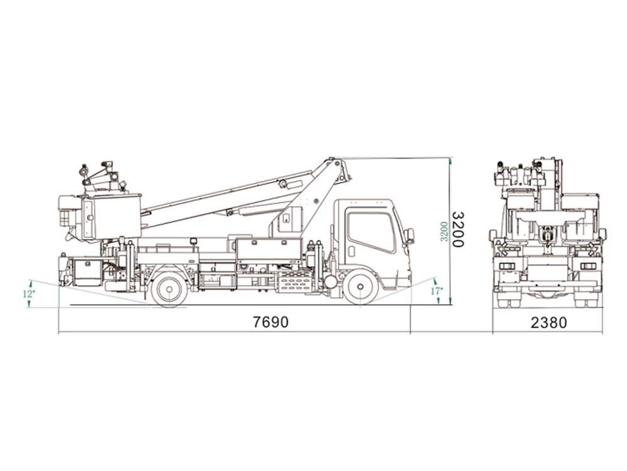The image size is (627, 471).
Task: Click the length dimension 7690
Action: [x=270, y=322]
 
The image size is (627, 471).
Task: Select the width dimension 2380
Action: [x=548, y=322]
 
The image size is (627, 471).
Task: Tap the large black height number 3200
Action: [x=458, y=229]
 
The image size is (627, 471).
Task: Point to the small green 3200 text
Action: [x=444, y=231]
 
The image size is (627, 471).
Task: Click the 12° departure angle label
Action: [x=28, y=293]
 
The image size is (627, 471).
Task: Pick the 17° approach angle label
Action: [x=436, y=291]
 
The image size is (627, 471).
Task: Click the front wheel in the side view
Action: [x=361, y=286]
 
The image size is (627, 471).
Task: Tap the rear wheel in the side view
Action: [x=169, y=289]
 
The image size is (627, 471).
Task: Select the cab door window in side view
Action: [x=371, y=232]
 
